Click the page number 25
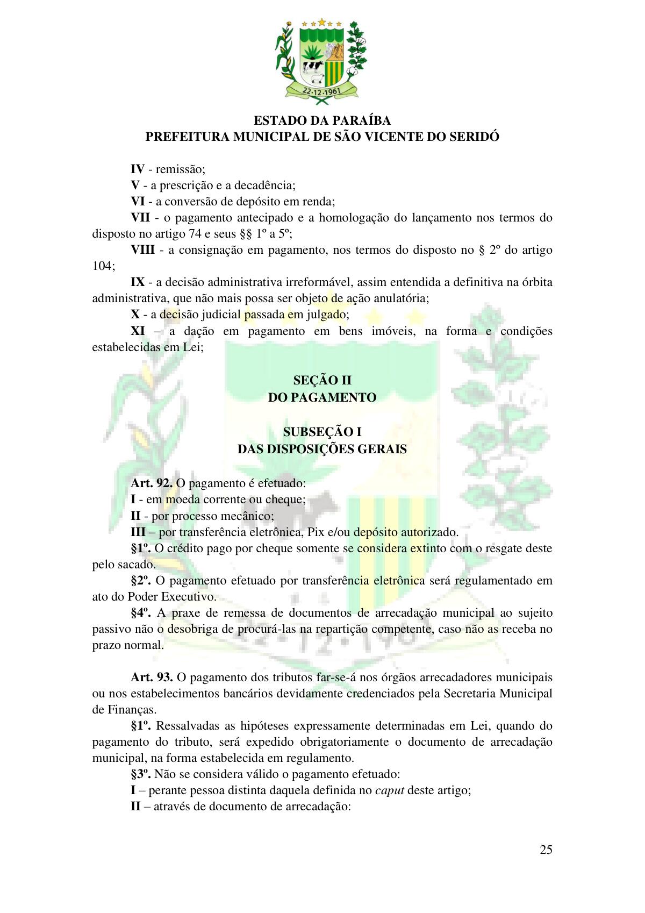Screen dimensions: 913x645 pyautogui.click(x=546, y=850)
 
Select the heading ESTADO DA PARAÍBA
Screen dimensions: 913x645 pyautogui.click(x=322, y=120)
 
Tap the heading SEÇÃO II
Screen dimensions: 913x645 pyautogui.click(x=322, y=381)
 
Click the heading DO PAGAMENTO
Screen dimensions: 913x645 pyautogui.click(x=322, y=397)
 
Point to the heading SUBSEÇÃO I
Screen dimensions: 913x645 pyautogui.click(x=322, y=432)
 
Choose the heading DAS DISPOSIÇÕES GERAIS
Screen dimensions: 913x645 pyautogui.click(x=322, y=449)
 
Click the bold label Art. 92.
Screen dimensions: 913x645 pyautogui.click(x=152, y=483)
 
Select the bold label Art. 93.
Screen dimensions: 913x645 pyautogui.click(x=152, y=677)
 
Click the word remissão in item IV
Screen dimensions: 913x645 pyautogui.click(x=180, y=169)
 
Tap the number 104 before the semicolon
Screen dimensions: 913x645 pyautogui.click(x=102, y=266)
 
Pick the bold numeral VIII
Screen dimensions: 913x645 pyautogui.click(x=143, y=250)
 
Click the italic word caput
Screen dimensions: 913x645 pyautogui.click(x=390, y=790)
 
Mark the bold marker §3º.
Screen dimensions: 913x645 pyautogui.click(x=141, y=774)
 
